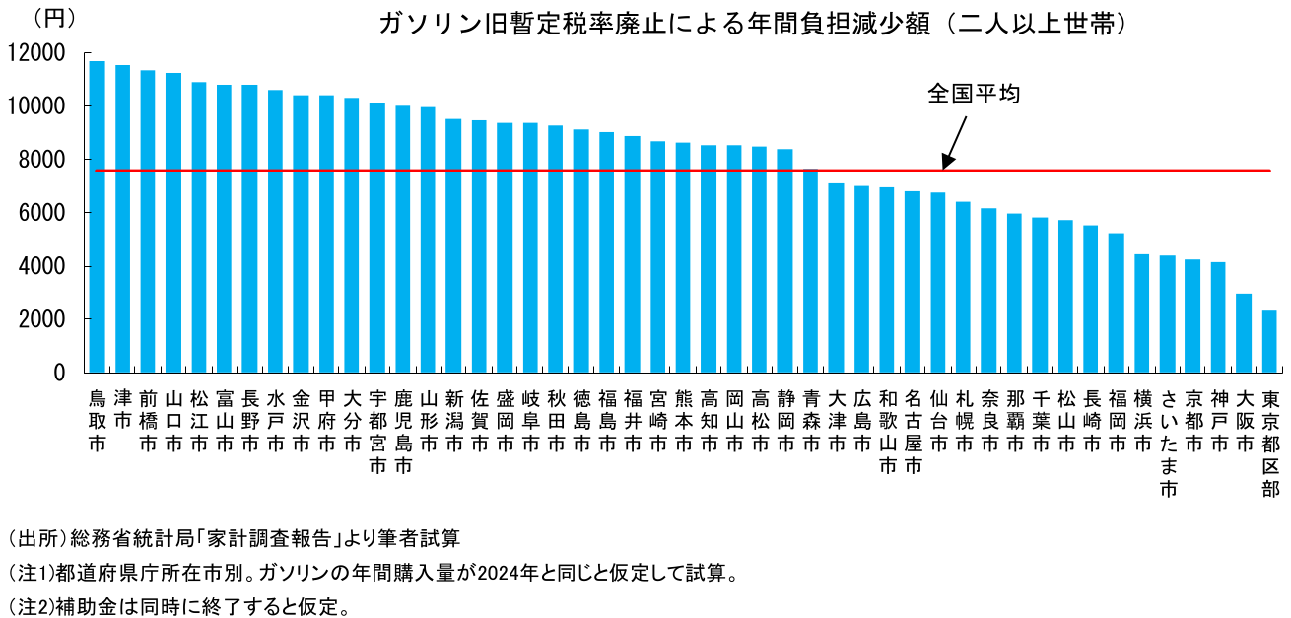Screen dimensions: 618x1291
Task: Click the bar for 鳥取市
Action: click(x=97, y=217)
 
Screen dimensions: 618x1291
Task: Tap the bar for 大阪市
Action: click(x=1245, y=333)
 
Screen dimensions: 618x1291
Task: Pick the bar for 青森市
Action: click(x=811, y=271)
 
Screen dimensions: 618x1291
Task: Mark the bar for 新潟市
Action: click(x=453, y=245)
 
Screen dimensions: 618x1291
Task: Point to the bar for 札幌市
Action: click(x=964, y=287)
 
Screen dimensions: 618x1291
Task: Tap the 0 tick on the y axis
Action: click(x=59, y=374)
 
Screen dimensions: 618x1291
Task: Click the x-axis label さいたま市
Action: click(x=1168, y=443)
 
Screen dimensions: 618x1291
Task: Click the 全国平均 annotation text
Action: click(x=973, y=94)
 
